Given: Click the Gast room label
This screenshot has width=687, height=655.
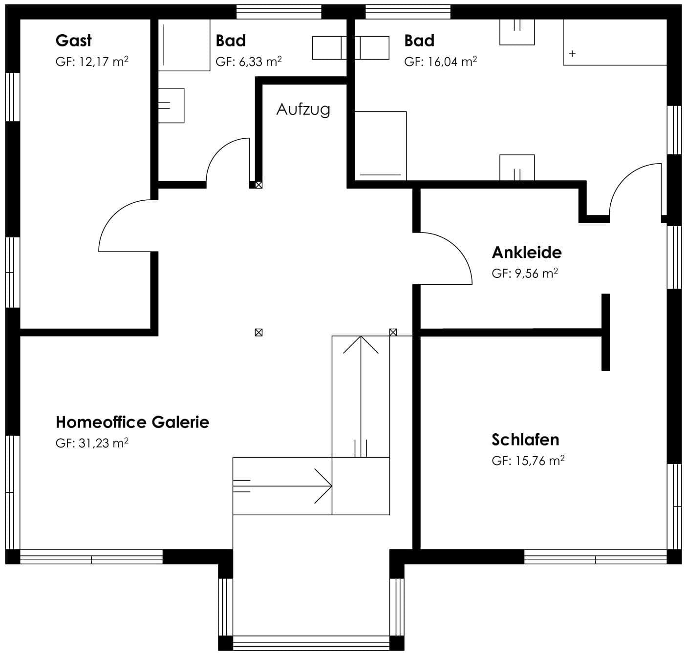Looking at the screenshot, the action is (x=73, y=41).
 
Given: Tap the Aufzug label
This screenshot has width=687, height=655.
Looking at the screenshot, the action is (x=303, y=109).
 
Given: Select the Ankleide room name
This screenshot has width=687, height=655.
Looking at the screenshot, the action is (x=527, y=253).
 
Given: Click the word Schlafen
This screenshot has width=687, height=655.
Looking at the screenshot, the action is (x=525, y=440).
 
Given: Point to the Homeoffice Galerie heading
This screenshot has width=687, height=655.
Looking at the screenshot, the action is (x=132, y=422).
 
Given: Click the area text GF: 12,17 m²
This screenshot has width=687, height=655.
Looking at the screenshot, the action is (x=92, y=62).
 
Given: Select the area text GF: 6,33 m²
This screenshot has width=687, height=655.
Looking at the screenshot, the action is (x=248, y=62).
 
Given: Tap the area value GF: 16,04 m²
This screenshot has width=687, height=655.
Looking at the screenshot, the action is (x=440, y=62).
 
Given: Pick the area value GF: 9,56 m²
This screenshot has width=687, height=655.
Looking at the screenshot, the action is (x=524, y=273).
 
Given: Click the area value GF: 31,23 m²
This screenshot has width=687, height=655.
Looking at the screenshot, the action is (x=92, y=443).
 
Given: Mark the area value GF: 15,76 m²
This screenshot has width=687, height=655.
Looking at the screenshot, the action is (x=528, y=461).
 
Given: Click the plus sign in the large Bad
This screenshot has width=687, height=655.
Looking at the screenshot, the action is (x=572, y=54).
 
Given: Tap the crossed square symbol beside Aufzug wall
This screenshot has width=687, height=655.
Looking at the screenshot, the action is (x=258, y=185).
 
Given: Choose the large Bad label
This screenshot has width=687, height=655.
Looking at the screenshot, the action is (x=419, y=41).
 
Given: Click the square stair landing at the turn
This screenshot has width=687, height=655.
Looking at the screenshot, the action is (x=361, y=486).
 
